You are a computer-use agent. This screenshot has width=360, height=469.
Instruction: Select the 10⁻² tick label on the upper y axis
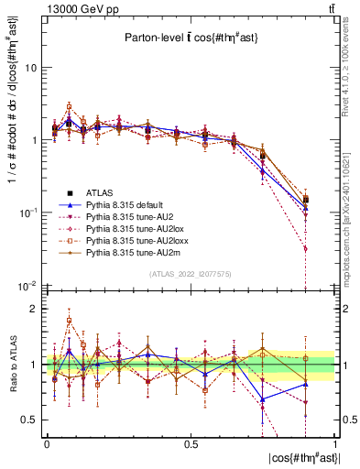pyautogui.click(x=27, y=285)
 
